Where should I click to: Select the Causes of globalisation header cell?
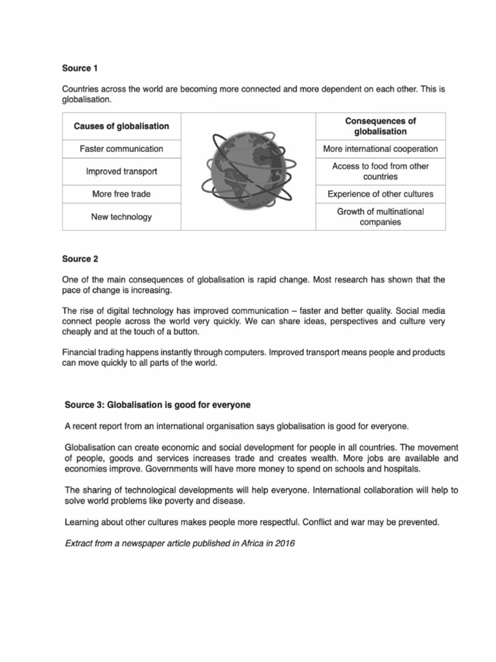121,126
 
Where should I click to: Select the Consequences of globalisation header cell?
380,126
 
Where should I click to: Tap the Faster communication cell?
121,149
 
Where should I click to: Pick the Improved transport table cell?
121,171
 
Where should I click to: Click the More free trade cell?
121,194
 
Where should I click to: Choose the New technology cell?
121,217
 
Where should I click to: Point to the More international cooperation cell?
380,149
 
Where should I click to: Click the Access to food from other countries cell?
380,171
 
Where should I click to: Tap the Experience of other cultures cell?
380,194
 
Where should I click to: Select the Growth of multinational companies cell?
380,217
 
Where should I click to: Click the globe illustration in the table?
247,171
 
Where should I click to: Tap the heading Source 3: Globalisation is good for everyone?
158,405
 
